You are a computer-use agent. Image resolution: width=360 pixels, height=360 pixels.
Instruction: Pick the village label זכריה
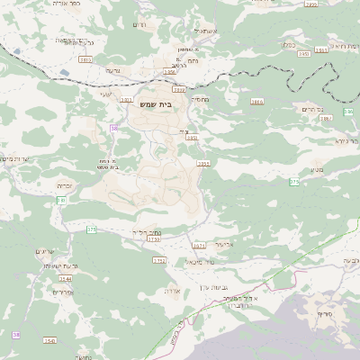(64, 185)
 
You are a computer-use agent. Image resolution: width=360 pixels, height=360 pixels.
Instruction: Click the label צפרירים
(62, 292)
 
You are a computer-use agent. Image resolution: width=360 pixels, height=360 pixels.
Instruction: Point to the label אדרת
(175, 291)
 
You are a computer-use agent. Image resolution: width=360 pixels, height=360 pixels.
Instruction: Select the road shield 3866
(256, 103)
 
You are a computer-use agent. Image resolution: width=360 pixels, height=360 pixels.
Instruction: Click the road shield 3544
(66, 279)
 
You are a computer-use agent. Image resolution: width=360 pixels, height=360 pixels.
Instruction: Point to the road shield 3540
(49, 340)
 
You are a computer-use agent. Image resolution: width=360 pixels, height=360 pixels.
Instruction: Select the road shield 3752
(159, 261)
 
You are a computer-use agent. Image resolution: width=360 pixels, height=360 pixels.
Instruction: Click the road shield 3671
(199, 245)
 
